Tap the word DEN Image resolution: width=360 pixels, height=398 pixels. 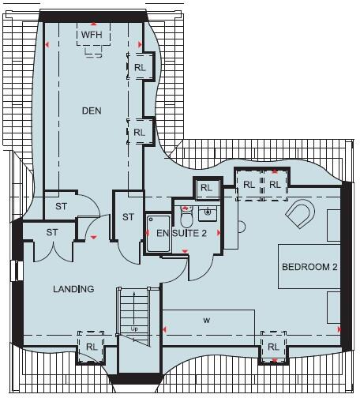point(92,111)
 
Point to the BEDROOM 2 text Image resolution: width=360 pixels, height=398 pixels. point(309,268)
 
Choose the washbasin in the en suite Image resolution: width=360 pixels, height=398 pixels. point(209,212)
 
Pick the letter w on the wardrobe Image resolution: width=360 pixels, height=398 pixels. point(205,321)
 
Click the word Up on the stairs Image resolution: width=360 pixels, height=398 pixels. point(134,328)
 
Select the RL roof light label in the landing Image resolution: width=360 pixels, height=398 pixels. point(92,347)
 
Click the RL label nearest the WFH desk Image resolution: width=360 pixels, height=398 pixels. point(140,68)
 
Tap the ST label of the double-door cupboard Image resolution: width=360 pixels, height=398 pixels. point(53,232)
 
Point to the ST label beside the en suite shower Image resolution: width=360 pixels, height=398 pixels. point(128,217)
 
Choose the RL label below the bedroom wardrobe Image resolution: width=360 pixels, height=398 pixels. point(273,347)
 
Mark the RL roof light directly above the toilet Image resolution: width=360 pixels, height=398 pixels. point(206,188)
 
